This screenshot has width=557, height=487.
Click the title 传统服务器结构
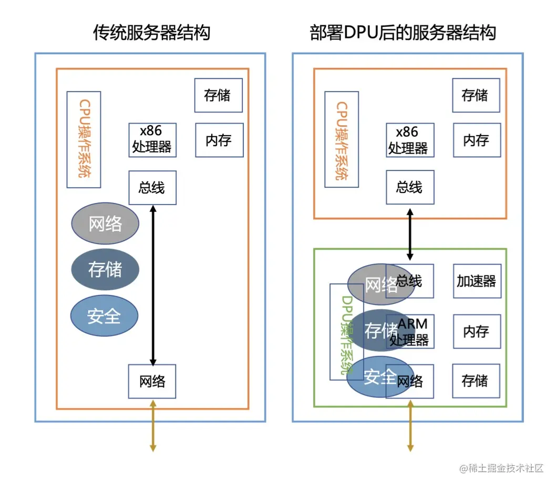point(151,33)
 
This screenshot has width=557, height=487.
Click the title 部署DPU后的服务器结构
point(403,33)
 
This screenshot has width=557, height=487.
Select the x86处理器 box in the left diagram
point(152,140)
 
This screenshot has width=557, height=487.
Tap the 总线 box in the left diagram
point(152,187)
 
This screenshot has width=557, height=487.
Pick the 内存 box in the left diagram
point(219,140)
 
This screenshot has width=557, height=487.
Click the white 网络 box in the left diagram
point(152,381)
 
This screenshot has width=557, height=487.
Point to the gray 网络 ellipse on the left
point(105,224)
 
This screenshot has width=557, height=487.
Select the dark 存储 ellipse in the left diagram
point(105,270)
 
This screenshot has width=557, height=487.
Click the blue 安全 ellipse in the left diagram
point(104,316)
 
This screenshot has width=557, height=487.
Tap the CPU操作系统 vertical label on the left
point(84,139)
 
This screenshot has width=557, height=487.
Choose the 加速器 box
point(476,281)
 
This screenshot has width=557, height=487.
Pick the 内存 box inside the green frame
point(476,331)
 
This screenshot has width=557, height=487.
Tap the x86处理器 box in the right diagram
point(409,140)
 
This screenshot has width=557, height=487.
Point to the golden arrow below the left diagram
point(153,426)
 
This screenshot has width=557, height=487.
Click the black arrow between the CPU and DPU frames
point(410,234)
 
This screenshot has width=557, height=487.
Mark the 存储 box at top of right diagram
point(476,95)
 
